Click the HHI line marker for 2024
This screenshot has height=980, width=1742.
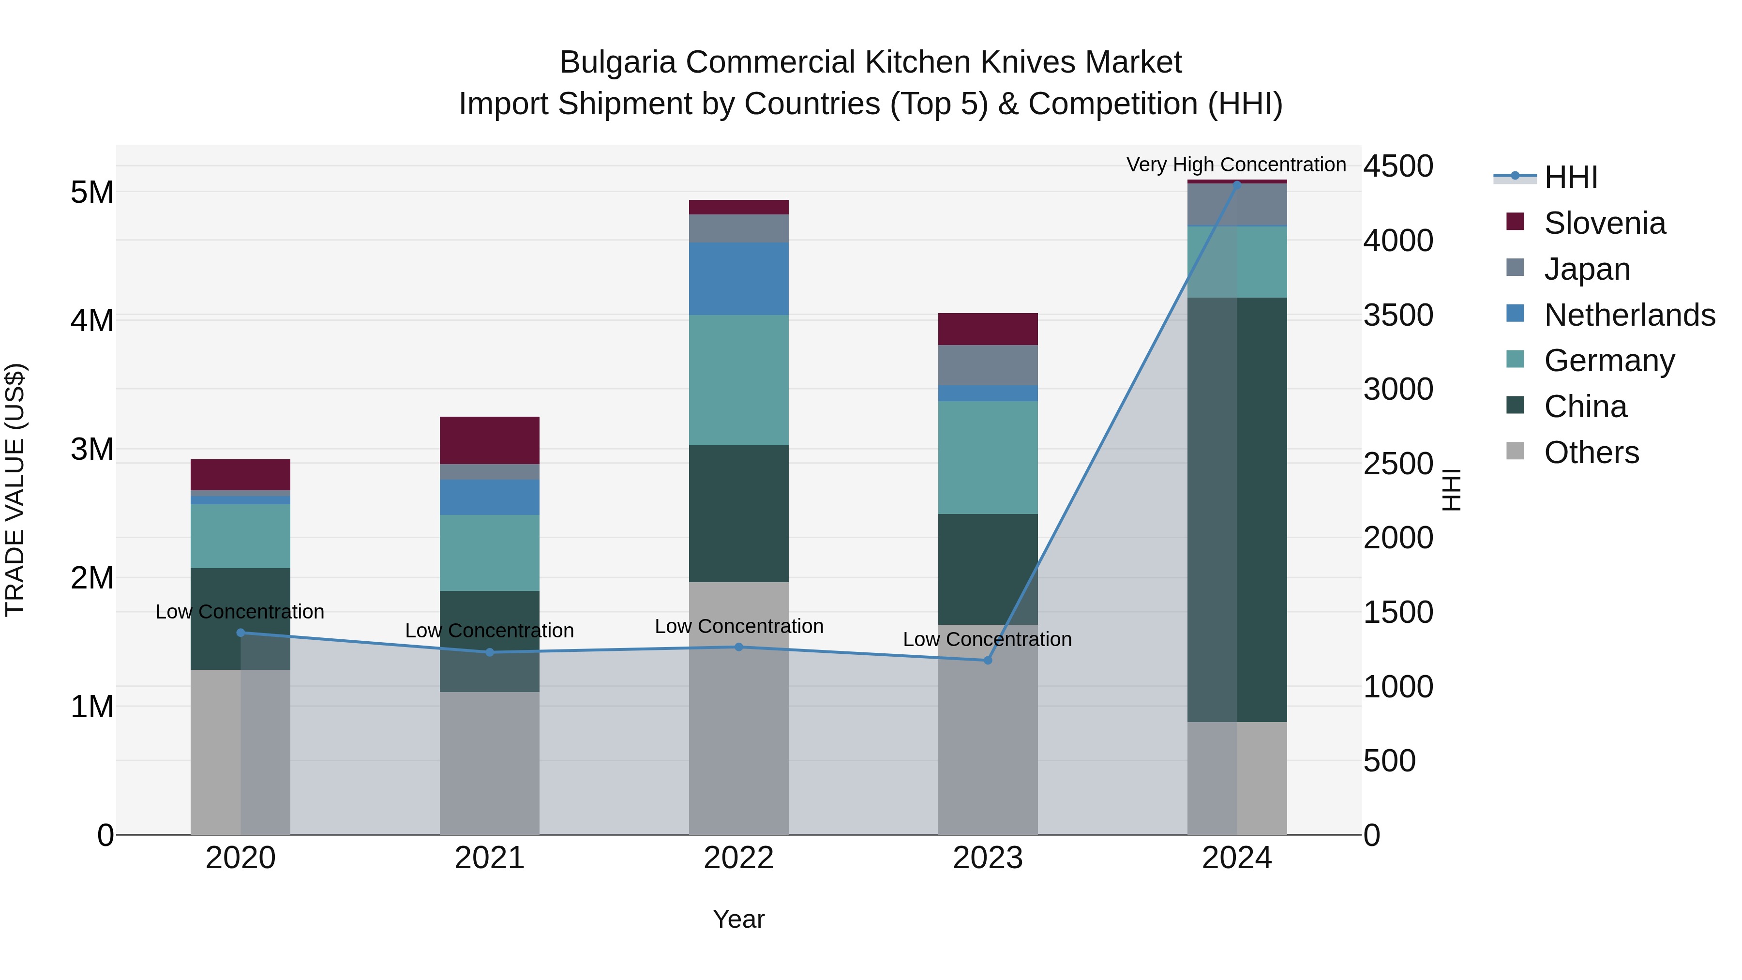click(1237, 185)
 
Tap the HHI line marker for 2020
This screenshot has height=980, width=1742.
click(241, 633)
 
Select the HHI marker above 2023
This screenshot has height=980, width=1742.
click(987, 660)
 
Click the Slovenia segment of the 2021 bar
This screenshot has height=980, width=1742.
click(490, 440)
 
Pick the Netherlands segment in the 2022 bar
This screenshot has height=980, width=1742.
click(738, 279)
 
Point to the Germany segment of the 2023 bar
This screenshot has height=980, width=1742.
click(987, 457)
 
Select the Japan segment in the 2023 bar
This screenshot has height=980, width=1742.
click(987, 365)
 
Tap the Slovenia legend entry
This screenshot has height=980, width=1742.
click(1605, 223)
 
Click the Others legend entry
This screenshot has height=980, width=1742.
click(1591, 452)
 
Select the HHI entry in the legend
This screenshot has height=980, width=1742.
click(1571, 177)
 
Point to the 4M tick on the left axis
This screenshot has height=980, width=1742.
click(92, 320)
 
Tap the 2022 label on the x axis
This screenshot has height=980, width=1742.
click(738, 858)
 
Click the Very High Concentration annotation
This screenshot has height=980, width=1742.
click(1236, 165)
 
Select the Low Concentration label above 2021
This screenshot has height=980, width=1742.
click(490, 630)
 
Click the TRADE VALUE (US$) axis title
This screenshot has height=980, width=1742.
click(15, 490)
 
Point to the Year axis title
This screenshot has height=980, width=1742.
click(738, 919)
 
